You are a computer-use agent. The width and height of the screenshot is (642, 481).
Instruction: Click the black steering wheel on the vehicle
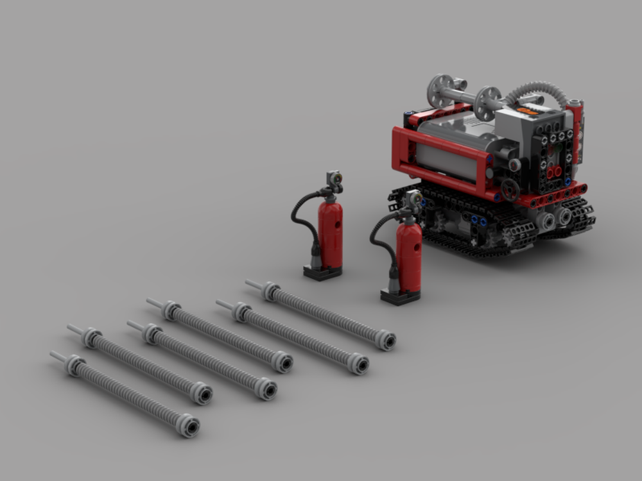pos(510,189)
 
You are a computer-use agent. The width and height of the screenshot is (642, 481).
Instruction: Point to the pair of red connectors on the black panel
pos(553,172)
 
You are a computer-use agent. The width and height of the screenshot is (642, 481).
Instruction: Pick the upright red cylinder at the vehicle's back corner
pos(575,128)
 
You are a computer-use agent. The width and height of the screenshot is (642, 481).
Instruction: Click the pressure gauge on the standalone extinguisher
pos(334,179)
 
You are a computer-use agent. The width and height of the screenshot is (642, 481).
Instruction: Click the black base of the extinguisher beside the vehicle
pos(400,296)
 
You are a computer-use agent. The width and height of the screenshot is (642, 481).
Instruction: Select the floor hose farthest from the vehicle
pos(128,395)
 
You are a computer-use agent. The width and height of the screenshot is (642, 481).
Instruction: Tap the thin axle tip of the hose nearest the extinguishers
pos(252,284)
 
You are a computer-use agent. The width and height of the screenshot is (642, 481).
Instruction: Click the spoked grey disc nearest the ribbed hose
pos(489,103)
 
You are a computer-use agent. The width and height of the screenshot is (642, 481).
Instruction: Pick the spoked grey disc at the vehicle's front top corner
pos(441,89)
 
